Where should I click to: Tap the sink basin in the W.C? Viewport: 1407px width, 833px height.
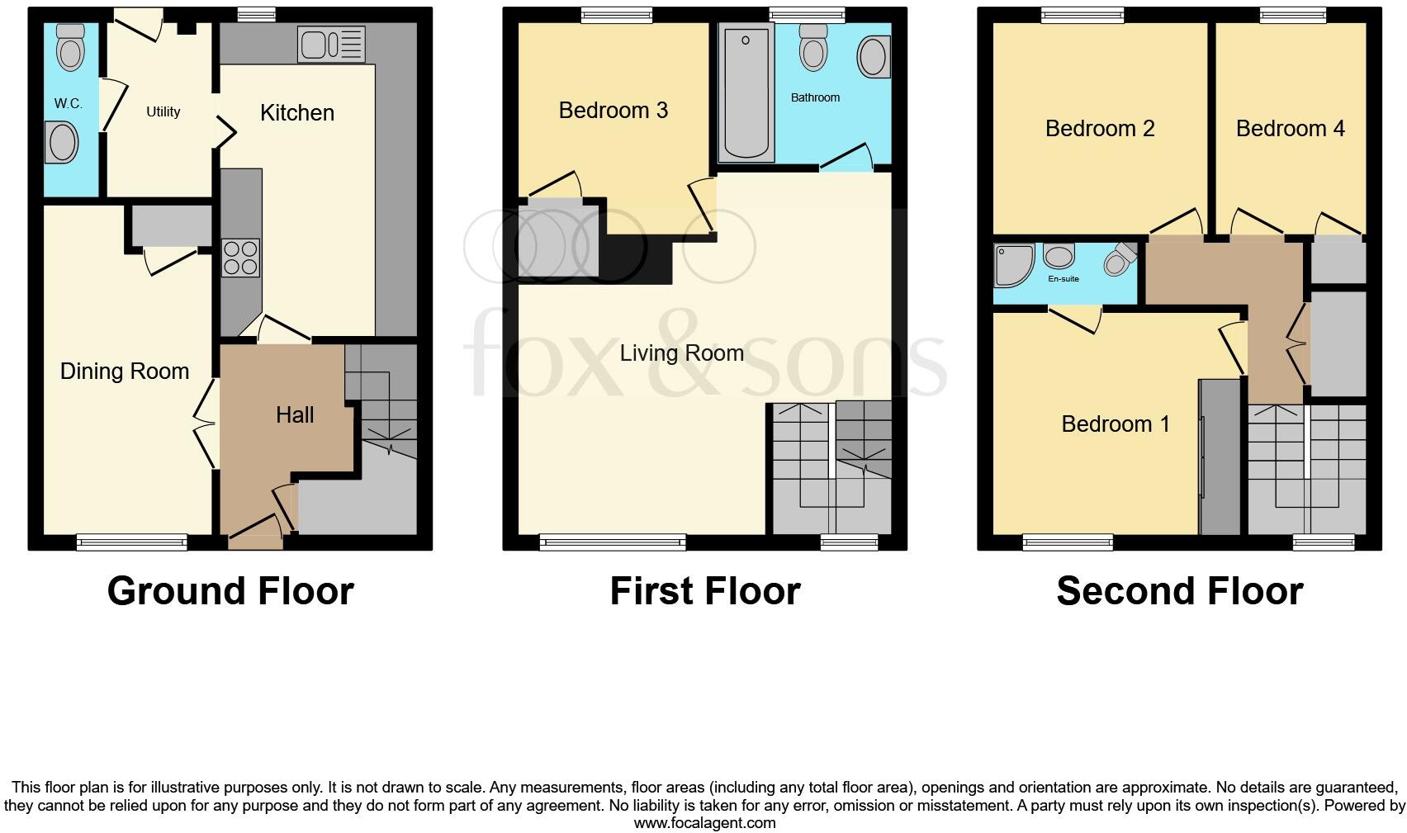[64, 142]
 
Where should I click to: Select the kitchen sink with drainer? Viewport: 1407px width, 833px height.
[331, 45]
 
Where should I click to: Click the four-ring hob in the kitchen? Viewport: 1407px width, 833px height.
[241, 257]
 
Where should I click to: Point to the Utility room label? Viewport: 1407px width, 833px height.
[163, 112]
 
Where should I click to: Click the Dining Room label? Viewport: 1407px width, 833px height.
[125, 372]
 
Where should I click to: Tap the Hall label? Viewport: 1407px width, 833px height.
[295, 414]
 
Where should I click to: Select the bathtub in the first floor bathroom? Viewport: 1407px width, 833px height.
[746, 92]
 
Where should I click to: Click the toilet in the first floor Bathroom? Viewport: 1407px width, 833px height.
[814, 49]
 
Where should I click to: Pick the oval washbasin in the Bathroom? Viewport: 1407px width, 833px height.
[874, 58]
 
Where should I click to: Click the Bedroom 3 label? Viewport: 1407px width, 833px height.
[613, 111]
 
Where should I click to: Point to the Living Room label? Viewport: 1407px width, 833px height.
[681, 353]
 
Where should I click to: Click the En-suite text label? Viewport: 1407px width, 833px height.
[1064, 279]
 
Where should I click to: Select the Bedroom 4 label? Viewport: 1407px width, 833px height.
[1290, 129]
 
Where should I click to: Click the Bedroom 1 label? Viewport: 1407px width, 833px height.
[1116, 424]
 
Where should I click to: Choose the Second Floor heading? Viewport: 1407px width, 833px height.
[1179, 591]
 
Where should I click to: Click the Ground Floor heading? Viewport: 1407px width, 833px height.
[230, 591]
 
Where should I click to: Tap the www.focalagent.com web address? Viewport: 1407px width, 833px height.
[704, 823]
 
